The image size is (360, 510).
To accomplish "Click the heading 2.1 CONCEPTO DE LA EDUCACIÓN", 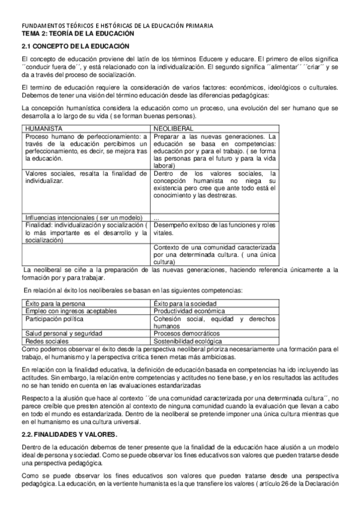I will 75,46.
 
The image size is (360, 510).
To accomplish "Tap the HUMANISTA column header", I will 44,128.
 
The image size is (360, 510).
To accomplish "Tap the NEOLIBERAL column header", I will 175,128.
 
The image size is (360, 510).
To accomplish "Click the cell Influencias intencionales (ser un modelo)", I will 81,217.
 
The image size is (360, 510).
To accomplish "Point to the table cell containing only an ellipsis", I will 157,217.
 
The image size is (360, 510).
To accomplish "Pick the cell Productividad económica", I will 189,310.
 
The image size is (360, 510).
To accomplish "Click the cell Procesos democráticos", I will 186,333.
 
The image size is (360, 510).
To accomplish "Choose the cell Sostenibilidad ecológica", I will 189,340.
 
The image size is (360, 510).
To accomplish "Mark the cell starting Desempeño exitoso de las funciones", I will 215,229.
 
